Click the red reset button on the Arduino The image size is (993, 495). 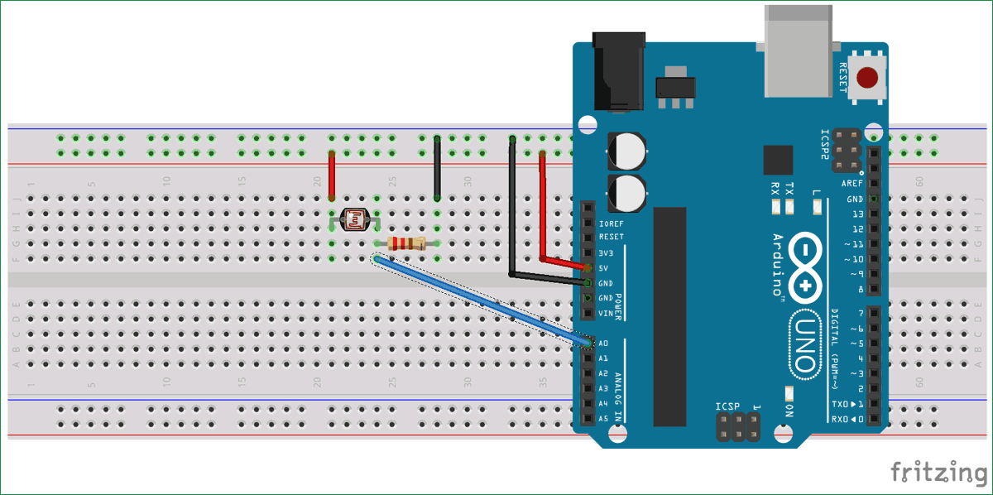867,79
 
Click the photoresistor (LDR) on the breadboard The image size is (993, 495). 354,220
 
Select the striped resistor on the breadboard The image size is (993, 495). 406,243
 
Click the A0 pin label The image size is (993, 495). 603,343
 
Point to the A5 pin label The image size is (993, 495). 603,418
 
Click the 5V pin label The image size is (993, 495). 603,268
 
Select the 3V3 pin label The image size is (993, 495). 605,252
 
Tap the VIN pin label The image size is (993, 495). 605,314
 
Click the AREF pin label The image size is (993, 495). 852,184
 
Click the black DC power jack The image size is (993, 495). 616,70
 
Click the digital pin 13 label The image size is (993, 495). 857,214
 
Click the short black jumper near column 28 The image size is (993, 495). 437,169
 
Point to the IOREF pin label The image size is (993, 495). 612,223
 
